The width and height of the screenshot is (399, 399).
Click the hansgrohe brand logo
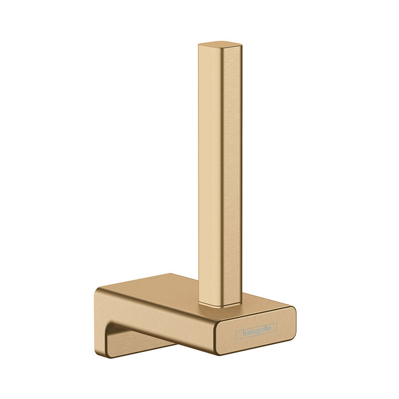(256, 332)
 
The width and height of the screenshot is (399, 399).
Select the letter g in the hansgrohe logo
(256, 332)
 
